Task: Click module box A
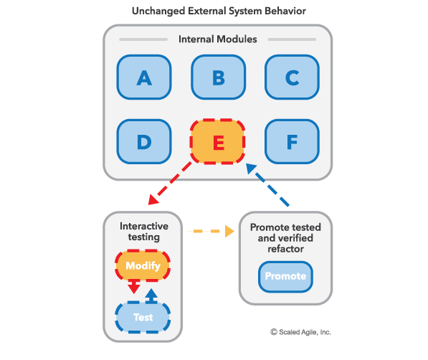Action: coord(144,77)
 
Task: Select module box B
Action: coord(219,77)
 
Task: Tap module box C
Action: coord(292,77)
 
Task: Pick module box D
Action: coord(144,141)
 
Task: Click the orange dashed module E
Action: coord(217,141)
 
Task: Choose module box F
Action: coord(292,141)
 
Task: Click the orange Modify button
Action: coord(143,265)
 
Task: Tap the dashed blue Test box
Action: coord(143,317)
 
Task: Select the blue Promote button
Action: coord(285,276)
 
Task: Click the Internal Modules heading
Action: coord(217,39)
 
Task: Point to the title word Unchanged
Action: coord(158,11)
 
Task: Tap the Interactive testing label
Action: coord(144,232)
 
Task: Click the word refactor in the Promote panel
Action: coord(285,249)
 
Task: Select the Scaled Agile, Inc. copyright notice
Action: coord(300,332)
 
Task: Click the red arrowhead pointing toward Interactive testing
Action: coord(153,199)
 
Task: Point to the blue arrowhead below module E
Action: coord(251,169)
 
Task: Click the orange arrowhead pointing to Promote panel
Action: coord(229,231)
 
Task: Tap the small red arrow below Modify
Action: coord(134,287)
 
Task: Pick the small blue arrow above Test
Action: coord(151,295)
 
